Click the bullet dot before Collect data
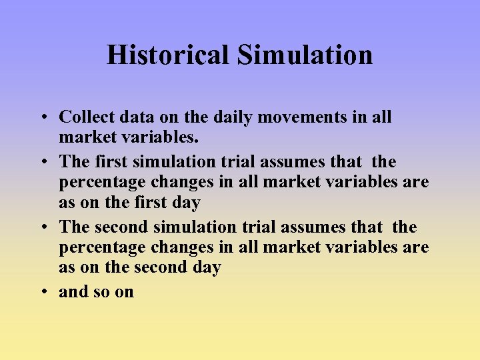42,118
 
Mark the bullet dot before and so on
42,293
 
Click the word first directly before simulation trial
112,162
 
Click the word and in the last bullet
73,292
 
